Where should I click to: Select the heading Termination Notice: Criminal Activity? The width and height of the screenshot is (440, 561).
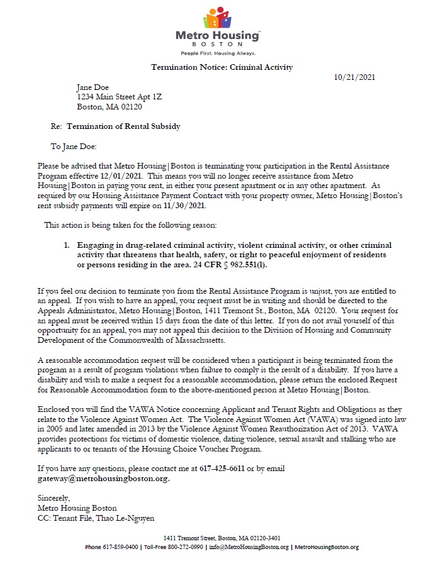[x=222, y=67]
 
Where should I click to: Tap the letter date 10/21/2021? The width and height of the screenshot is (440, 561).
[x=354, y=77]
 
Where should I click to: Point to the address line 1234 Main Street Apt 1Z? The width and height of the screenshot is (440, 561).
[x=120, y=97]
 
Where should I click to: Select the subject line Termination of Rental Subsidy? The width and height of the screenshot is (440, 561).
[x=123, y=126]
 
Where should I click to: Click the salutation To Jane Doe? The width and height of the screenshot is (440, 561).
[x=74, y=146]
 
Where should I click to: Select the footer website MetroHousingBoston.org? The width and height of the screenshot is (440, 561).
[x=326, y=547]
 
